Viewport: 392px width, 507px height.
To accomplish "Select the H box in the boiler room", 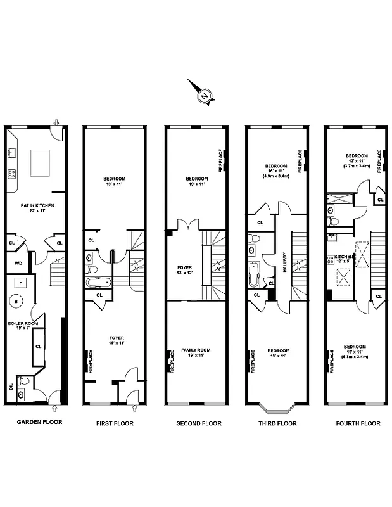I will [x=21, y=282].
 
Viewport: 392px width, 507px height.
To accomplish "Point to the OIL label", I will [x=11, y=387].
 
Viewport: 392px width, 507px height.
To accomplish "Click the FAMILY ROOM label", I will [x=196, y=352].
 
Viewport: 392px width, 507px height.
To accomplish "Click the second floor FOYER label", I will [x=186, y=269].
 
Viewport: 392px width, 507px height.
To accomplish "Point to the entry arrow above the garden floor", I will [x=57, y=122].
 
